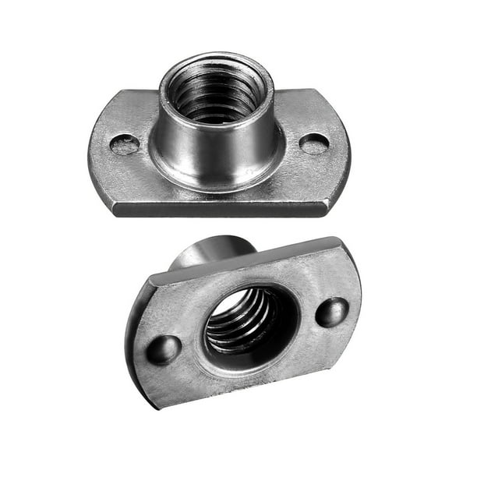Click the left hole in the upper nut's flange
point(124,144)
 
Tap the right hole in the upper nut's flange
point(314,143)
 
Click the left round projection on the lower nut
point(164,349)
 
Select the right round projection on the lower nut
point(332,312)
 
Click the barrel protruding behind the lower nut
point(210,251)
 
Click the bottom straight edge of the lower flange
point(257,394)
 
